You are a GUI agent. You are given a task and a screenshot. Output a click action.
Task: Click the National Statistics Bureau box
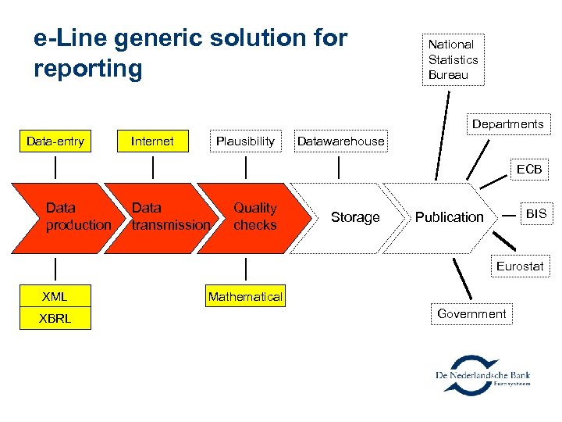pyautogui.click(x=453, y=59)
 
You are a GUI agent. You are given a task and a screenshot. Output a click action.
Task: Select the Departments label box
pyautogui.click(x=507, y=124)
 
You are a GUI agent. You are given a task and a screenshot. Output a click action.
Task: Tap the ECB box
pyautogui.click(x=528, y=170)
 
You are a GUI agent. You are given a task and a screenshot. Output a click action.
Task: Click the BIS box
pyautogui.click(x=535, y=213)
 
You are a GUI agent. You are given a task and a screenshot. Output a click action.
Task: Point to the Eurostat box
pyautogui.click(x=519, y=266)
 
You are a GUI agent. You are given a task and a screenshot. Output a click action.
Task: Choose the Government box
pyautogui.click(x=471, y=314)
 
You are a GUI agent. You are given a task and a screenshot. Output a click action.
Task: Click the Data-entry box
pyautogui.click(x=55, y=141)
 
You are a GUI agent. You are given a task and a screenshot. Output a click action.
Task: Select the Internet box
pyautogui.click(x=152, y=141)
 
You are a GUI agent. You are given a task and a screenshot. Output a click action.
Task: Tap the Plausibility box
pyautogui.click(x=245, y=141)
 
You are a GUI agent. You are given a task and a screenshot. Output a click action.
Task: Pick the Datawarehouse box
pyautogui.click(x=340, y=141)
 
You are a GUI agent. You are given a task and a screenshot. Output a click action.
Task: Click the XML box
pyautogui.click(x=55, y=297)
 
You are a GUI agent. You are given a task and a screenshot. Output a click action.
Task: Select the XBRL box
pyautogui.click(x=55, y=318)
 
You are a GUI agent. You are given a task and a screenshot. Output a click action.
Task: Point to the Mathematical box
pyautogui.click(x=245, y=297)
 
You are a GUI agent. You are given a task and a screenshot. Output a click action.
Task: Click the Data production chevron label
pyautogui.click(x=77, y=216)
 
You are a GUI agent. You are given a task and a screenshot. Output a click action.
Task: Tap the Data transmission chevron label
pyautogui.click(x=170, y=216)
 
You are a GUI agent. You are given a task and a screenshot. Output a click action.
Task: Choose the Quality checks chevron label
pyautogui.click(x=255, y=216)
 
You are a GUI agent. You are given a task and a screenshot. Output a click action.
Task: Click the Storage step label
pyautogui.click(x=355, y=217)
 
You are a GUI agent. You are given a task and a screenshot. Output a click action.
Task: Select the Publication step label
pyautogui.click(x=449, y=217)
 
